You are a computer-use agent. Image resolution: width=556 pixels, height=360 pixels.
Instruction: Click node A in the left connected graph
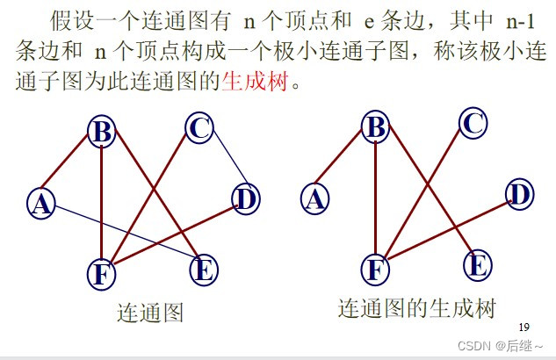(x=40, y=203)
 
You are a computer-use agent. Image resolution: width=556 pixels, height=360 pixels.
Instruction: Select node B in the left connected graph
(x=102, y=133)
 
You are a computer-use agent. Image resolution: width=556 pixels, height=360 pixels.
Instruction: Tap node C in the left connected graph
(x=199, y=128)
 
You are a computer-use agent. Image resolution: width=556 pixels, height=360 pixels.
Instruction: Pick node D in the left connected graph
(x=245, y=199)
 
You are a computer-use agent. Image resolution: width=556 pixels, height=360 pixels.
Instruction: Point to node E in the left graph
(x=203, y=270)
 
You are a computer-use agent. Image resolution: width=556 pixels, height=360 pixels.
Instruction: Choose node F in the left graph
(x=102, y=274)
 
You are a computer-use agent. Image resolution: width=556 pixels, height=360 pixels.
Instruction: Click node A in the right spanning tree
(x=314, y=198)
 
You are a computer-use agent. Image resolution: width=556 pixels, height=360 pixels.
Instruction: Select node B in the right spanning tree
(x=376, y=128)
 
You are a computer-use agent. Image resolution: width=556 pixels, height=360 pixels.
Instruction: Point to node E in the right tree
(x=477, y=264)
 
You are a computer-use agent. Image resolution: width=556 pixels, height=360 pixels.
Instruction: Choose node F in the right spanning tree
(x=376, y=269)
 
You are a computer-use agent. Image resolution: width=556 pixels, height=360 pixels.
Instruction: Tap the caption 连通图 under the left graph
(x=150, y=313)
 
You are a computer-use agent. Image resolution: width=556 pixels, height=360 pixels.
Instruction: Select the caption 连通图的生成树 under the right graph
(x=416, y=309)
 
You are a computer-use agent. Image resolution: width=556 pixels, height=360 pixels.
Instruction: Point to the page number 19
(x=525, y=326)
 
